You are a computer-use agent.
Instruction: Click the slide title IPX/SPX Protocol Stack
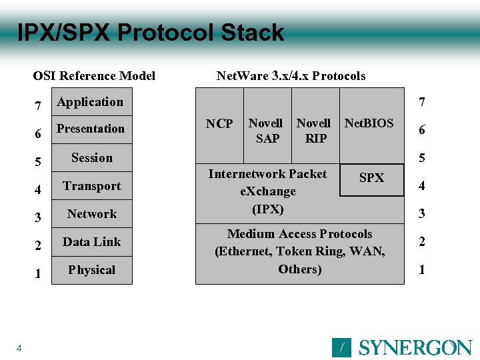coord(150,33)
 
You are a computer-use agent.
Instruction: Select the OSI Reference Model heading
coord(94,75)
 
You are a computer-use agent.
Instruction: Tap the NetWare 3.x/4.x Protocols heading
coord(291,75)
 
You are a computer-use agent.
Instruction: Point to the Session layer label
coord(92,158)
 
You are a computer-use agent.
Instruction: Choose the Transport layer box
coord(92,186)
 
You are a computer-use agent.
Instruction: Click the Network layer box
coord(92,214)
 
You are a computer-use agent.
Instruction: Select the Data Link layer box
coord(92,242)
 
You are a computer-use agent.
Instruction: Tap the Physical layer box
coord(92,270)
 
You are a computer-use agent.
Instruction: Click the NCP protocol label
coord(219,124)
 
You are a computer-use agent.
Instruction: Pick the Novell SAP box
coord(266,131)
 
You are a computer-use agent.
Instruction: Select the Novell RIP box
coord(314,131)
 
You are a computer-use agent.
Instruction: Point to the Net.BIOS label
coord(369,123)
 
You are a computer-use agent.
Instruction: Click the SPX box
coord(372,179)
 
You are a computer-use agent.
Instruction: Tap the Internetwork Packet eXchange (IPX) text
coord(267,191)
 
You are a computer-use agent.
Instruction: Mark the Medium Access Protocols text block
coord(300,251)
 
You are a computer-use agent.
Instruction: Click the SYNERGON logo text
coord(415,347)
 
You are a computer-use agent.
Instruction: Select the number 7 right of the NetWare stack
coord(421,102)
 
